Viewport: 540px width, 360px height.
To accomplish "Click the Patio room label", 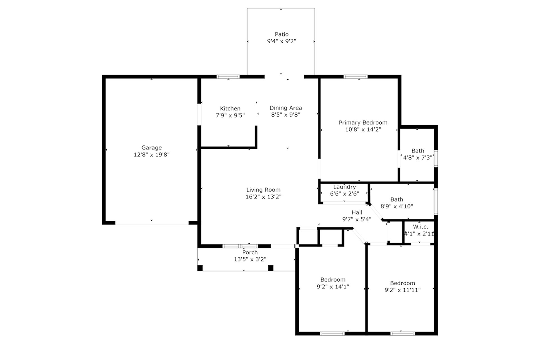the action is coord(282,34).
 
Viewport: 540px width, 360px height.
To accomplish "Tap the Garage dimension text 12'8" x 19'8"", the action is coord(152,155).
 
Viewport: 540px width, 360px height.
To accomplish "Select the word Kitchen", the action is coord(230,108).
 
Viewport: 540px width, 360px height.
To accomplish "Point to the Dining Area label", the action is coord(286,108).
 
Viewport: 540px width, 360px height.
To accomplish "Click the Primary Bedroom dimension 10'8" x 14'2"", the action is coord(363,130).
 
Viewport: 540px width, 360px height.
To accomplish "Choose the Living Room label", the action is coord(264,190).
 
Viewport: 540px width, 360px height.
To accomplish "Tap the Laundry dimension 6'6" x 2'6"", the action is coord(345,194).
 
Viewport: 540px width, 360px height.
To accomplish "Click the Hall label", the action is coord(357,212).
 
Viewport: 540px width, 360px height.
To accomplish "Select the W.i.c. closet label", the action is coord(420,227).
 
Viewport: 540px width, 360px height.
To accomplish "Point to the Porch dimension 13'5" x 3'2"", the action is coord(250,259).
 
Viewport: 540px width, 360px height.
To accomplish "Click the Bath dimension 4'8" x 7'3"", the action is coord(418,158).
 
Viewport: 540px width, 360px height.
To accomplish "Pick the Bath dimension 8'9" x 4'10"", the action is coord(397,206).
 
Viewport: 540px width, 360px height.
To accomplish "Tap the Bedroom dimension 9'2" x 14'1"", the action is coord(333,287).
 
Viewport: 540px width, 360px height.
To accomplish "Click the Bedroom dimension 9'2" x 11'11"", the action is coord(402,290).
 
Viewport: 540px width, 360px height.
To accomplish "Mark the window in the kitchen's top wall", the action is coord(228,76).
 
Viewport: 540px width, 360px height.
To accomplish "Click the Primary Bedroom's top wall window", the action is coord(355,76).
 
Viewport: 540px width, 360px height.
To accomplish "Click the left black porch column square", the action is coord(200,268).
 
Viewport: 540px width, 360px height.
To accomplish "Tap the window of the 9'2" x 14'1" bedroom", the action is coord(332,334).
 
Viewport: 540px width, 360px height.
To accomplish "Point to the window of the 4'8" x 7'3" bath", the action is coord(436,159).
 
